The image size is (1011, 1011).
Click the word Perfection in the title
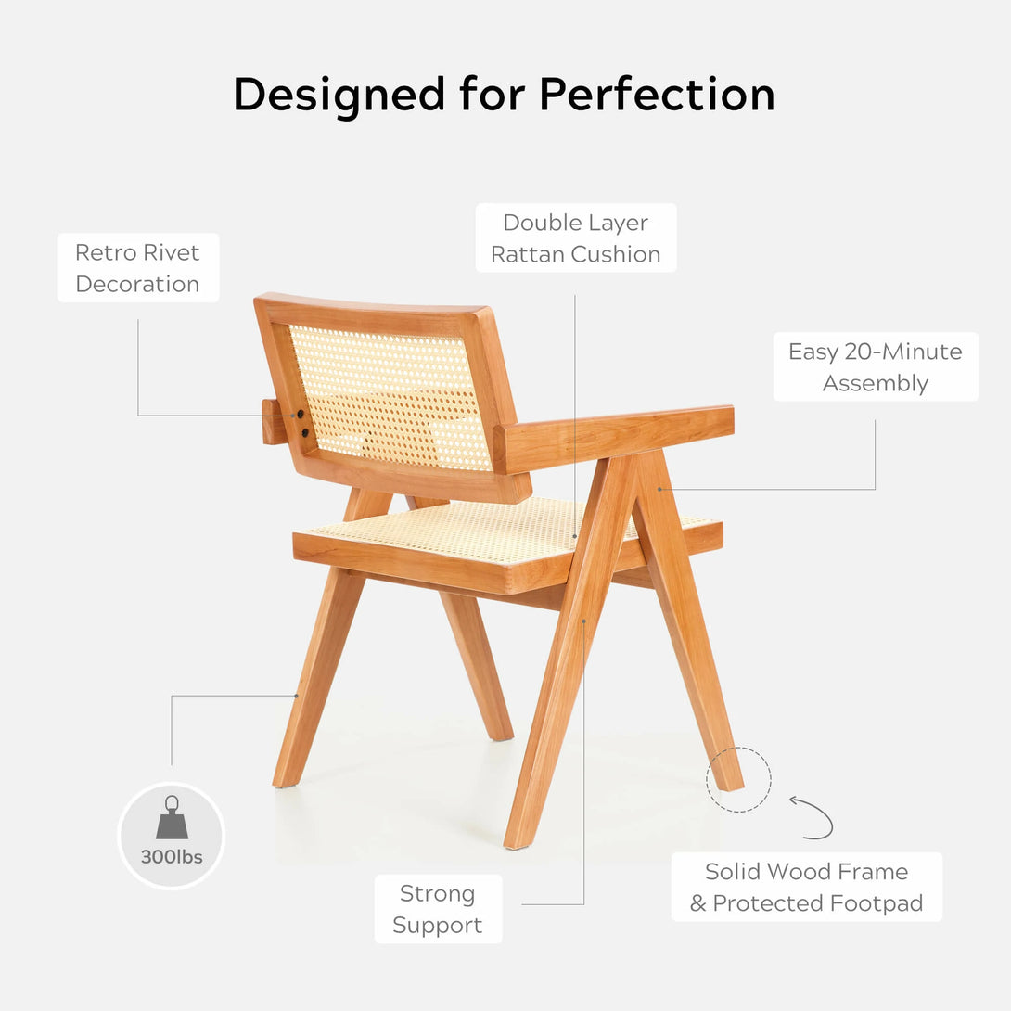click(x=657, y=94)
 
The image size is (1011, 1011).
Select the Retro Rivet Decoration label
click(x=138, y=267)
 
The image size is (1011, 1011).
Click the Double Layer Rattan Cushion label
click(x=576, y=238)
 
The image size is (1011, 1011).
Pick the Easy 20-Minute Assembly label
click(x=876, y=367)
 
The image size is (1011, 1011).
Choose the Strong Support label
click(x=438, y=908)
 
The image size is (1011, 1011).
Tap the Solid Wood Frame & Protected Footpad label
click(x=807, y=887)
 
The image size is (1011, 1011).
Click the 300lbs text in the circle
click(x=172, y=857)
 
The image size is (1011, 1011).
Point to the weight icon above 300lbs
click(x=173, y=817)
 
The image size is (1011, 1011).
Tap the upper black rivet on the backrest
click(x=301, y=414)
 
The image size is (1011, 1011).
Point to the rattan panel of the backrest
click(x=390, y=397)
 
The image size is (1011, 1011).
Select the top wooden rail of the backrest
click(x=374, y=311)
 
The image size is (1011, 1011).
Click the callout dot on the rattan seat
click(x=575, y=536)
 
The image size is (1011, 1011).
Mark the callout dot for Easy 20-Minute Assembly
click(x=659, y=490)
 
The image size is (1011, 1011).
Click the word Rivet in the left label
click(x=173, y=252)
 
